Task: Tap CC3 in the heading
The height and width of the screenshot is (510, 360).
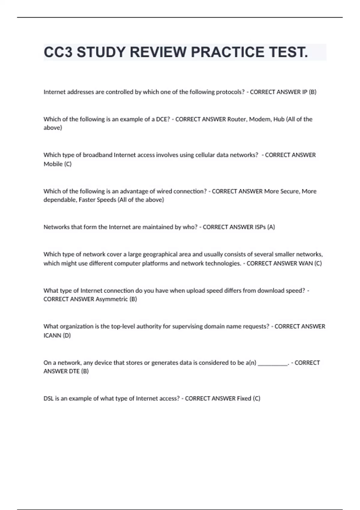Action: pyautogui.click(x=58, y=52)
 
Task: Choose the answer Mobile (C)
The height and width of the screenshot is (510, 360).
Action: pyautogui.click(x=58, y=164)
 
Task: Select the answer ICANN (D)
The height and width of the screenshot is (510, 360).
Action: pyautogui.click(x=57, y=335)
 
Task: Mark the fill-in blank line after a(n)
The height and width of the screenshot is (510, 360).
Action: pyautogui.click(x=273, y=364)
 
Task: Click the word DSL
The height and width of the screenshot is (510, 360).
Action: pyautogui.click(x=49, y=398)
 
